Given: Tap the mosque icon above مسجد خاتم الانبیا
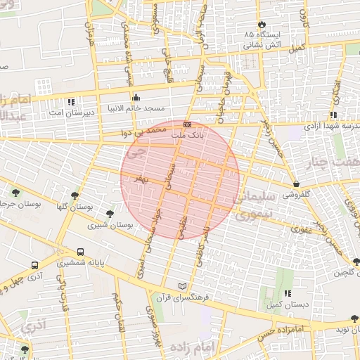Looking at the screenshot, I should coord(136,97).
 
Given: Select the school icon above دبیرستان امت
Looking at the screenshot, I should coord(71,103).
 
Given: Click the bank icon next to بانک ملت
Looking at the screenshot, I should coord(186,124).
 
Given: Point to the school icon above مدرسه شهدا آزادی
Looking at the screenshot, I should coord(333,115).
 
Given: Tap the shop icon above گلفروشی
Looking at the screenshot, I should coord(297,184).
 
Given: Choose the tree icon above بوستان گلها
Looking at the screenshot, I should coord(75,195).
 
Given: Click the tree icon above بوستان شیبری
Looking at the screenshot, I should coord(110,214).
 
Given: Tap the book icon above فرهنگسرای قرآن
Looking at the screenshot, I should coord(184,286).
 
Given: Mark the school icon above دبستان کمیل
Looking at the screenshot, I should coord(287,293).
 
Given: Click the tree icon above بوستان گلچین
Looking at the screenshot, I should coord(355,261).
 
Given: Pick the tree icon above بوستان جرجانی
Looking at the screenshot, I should coord(13,191).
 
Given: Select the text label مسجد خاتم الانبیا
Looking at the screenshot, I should coord(136,108).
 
